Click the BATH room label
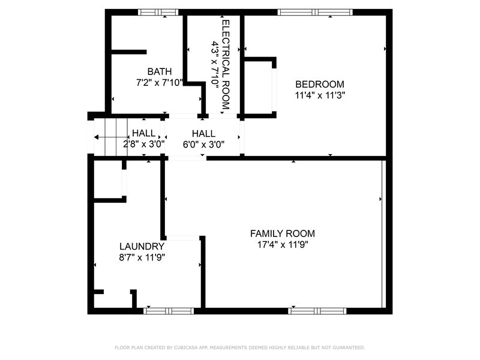pos(160,71)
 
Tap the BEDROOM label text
pos(320,84)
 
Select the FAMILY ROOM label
pos(282,233)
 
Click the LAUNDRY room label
pos(142,247)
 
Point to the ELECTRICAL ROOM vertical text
pos(226,65)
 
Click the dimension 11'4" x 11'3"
pos(320,95)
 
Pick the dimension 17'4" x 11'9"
pos(283,245)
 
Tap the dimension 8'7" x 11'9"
pos(142,257)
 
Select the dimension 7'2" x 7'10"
pos(160,83)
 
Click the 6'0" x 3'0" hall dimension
pos(203,144)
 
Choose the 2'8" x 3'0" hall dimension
pos(144,144)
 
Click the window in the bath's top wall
pos(158,12)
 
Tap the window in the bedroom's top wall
pos(315,12)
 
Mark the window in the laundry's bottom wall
pos(169,311)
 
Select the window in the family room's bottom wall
pos(317,311)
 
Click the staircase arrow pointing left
pos(111,137)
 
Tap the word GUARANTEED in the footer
pos(349,347)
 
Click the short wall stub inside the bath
pos(129,52)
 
